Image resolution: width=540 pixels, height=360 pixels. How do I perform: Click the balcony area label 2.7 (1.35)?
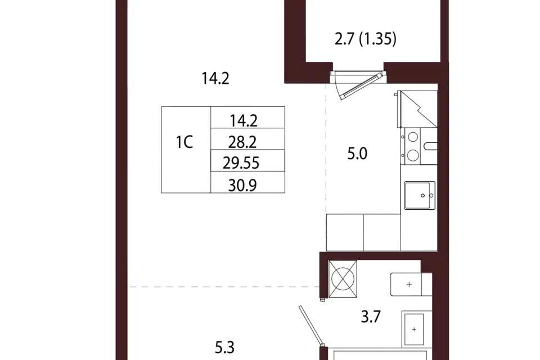coord(366,39)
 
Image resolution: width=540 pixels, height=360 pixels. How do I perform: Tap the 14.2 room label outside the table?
coord(215,79)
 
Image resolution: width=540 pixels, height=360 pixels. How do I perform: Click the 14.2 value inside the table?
coord(243,120)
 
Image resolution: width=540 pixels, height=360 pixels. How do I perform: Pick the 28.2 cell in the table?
coord(242,142)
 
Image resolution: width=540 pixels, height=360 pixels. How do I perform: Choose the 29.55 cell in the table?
coord(241,163)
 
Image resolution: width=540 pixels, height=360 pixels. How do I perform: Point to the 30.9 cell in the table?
coord(242,185)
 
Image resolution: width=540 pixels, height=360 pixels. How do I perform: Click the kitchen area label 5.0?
coord(357,154)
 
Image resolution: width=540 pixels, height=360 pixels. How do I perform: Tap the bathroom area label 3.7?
coord(371,316)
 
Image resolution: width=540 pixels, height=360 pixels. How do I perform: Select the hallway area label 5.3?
coord(224,348)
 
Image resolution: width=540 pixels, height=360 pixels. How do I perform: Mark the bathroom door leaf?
coord(310,325)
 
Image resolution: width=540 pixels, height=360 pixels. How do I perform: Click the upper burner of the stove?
coord(412,137)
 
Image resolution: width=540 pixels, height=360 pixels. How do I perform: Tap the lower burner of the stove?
coord(412,156)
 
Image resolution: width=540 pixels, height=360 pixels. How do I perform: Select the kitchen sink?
coord(420,195)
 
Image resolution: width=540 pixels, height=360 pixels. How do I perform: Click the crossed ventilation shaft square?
coord(343,278)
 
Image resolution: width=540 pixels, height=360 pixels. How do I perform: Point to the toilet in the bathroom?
coord(411,284)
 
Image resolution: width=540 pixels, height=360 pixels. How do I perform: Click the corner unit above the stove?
coord(418,109)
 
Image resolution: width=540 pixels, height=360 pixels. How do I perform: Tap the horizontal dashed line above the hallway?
coord(224,287)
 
